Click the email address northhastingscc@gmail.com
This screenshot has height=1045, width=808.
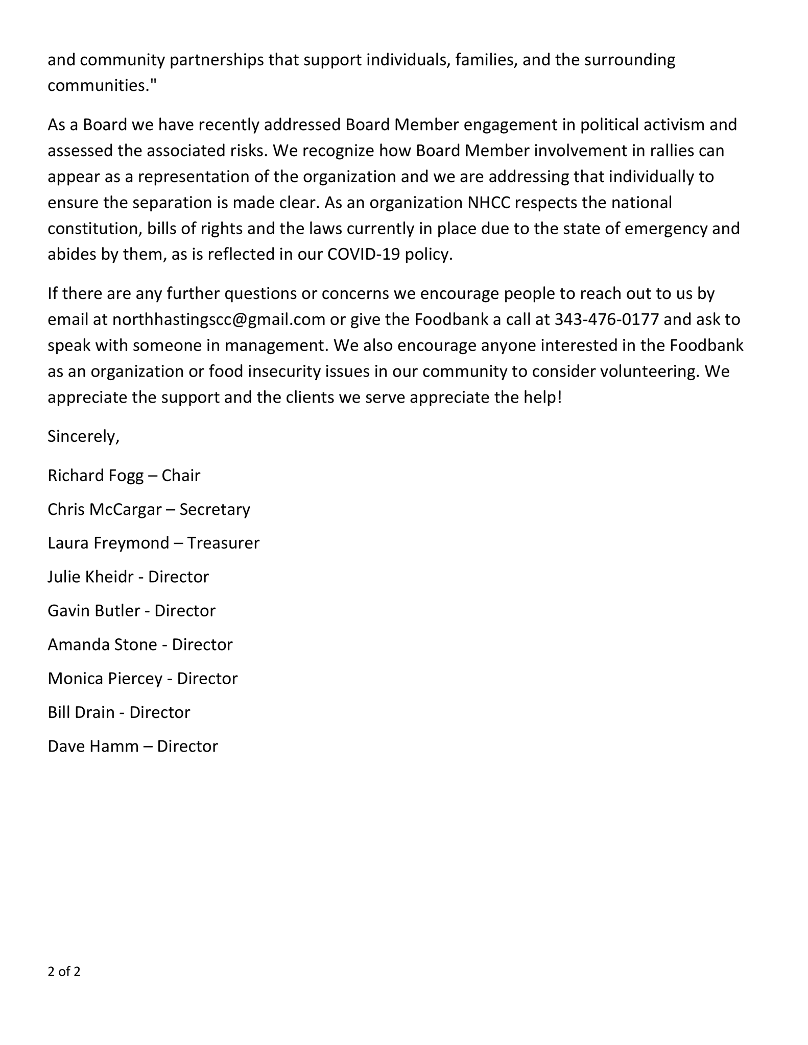tap(219, 320)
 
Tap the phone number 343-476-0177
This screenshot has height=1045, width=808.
tap(606, 320)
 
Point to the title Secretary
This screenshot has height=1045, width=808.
tap(215, 509)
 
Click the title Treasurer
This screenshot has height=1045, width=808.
tap(223, 543)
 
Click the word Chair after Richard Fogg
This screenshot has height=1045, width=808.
tap(181, 476)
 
